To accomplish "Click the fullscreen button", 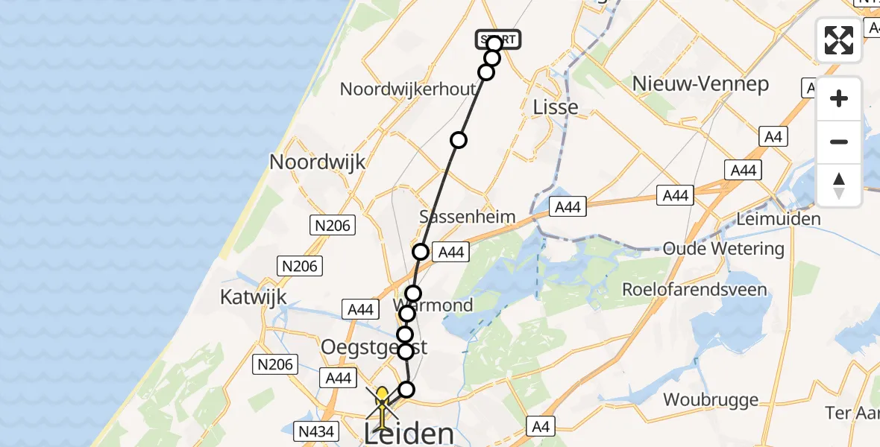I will [839, 40].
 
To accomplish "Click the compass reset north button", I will [839, 186].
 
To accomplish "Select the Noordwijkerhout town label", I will [407, 89].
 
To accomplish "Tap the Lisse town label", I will [556, 107].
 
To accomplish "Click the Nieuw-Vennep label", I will [700, 84].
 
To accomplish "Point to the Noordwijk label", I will [318, 162].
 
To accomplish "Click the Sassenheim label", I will [468, 217].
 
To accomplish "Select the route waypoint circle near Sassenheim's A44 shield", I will [421, 252].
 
